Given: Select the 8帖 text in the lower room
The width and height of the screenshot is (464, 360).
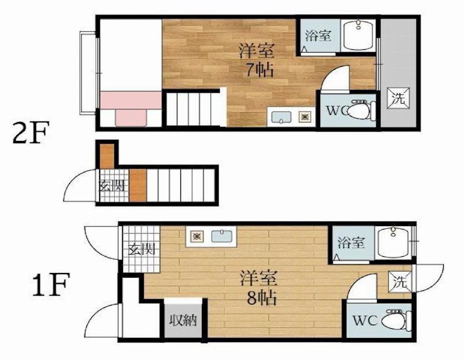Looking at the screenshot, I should point(259,298).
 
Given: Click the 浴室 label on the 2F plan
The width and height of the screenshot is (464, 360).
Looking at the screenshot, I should point(318,35).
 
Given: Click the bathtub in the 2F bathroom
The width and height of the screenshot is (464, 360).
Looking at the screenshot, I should point(360,35).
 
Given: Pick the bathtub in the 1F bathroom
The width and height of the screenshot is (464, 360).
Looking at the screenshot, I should point(393,243).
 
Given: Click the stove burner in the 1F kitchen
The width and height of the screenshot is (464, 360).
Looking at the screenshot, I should point(198,236).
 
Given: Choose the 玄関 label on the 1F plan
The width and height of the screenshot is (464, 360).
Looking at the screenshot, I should point(141,250).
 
